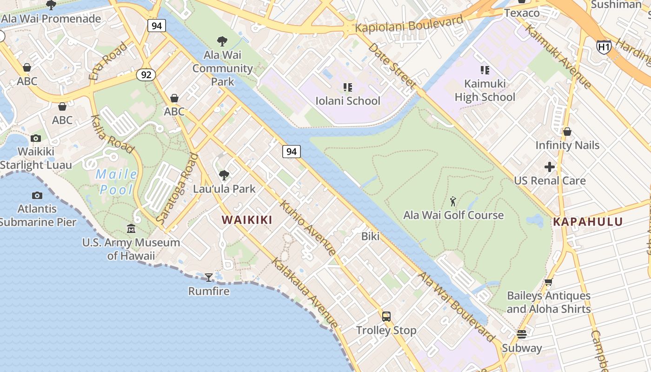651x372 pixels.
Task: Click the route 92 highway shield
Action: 146,74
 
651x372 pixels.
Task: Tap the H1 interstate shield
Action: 604,46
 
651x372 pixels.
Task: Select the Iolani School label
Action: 348,101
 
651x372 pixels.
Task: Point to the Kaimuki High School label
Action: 485,91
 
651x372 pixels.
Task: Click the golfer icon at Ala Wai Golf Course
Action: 453,201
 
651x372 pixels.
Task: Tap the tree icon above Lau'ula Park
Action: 224,175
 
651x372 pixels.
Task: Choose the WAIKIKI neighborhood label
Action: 247,220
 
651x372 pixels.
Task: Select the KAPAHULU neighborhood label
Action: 588,222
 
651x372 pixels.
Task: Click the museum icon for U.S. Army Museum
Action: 131,229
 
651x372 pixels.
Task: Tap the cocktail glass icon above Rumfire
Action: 209,278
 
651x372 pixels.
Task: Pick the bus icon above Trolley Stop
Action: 386,317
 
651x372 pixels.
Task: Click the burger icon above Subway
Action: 522,334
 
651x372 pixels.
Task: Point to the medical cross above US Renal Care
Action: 550,166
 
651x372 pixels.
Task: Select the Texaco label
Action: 522,13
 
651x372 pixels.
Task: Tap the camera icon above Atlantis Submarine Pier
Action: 37,196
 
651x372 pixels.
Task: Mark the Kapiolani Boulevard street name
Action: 409,24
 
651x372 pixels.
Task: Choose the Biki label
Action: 370,236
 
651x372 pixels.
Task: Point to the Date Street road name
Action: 391,66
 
